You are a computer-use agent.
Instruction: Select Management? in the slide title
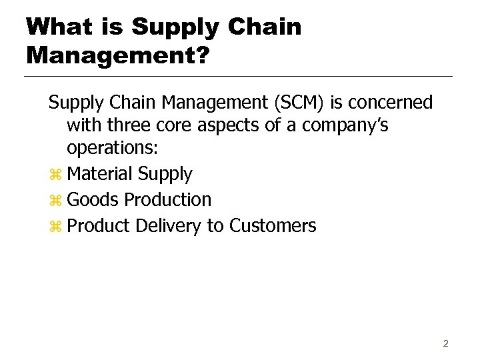(x=117, y=55)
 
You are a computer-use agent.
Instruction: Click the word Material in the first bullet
(x=100, y=174)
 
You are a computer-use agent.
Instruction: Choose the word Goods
(x=94, y=199)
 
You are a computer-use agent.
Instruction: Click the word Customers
(x=273, y=226)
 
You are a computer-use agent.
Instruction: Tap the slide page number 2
(x=445, y=344)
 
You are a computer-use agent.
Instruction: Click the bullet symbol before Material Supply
(x=55, y=175)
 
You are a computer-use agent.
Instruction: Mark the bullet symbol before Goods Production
(x=55, y=201)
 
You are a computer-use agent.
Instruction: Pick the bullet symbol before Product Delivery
(x=55, y=227)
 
